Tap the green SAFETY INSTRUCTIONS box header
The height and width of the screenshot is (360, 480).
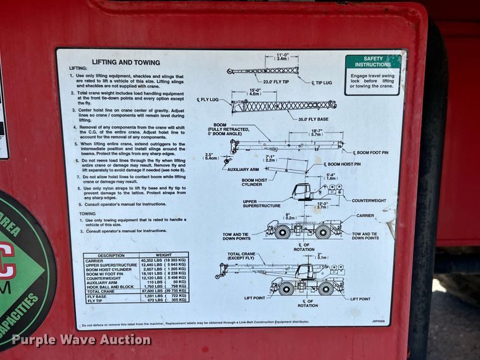coord(373,61)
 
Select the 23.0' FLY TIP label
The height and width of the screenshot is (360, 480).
coord(276,81)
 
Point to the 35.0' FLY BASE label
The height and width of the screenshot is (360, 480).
coord(313,119)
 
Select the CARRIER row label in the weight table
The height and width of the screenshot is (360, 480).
coord(95,260)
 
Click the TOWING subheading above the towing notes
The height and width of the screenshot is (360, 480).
coord(87,214)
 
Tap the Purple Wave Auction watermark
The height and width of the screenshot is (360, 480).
coord(81,340)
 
